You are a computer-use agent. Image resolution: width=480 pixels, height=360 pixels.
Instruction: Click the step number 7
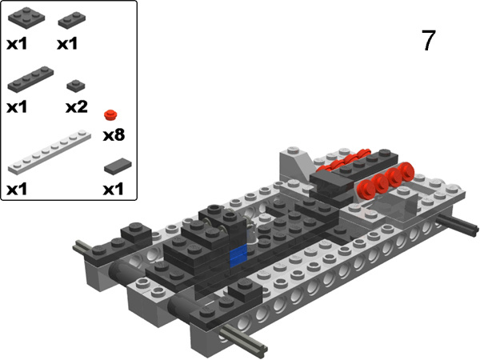(x=428, y=40)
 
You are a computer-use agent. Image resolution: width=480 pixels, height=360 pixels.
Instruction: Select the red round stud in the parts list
(x=110, y=114)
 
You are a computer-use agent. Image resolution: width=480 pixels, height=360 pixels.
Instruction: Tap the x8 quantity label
(x=114, y=135)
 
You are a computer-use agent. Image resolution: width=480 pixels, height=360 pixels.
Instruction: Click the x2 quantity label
(x=77, y=107)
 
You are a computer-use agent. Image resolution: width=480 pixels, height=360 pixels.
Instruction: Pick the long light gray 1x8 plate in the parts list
(x=50, y=152)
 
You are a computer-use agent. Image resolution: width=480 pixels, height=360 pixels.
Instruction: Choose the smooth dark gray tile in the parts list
(x=118, y=166)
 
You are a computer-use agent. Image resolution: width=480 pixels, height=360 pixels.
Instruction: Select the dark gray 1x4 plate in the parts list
(x=30, y=79)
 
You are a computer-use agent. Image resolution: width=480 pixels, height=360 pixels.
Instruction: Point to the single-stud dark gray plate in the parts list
(x=76, y=86)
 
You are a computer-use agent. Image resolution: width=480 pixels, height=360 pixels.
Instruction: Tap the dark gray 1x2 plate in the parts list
(x=72, y=21)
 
